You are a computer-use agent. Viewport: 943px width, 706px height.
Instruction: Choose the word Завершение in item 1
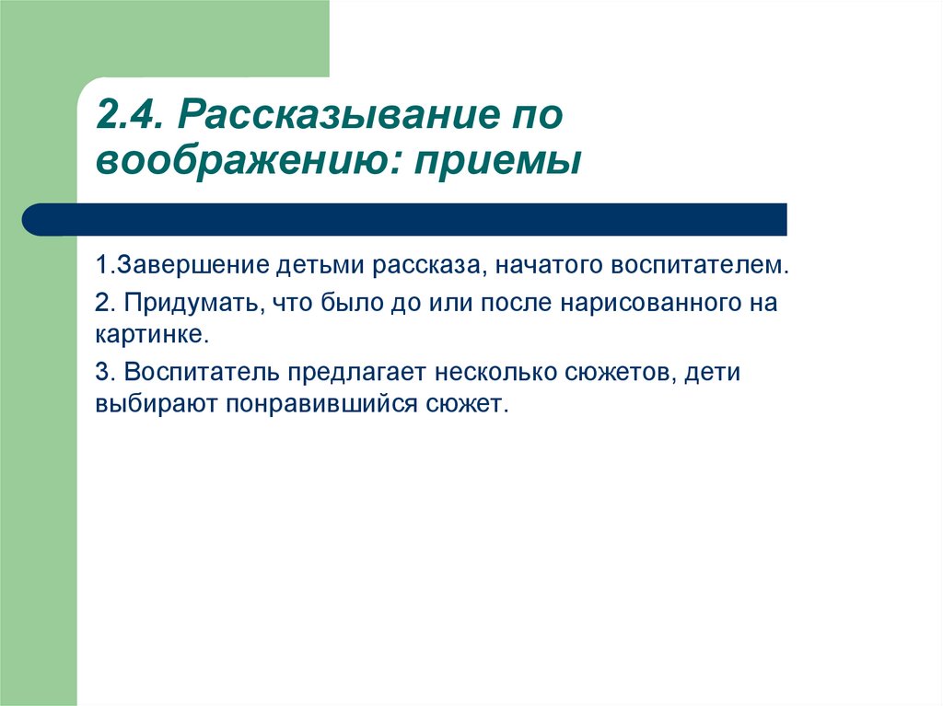tap(192, 266)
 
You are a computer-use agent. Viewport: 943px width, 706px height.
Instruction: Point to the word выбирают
tap(157, 403)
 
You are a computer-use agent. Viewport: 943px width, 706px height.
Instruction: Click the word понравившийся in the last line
tap(321, 403)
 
